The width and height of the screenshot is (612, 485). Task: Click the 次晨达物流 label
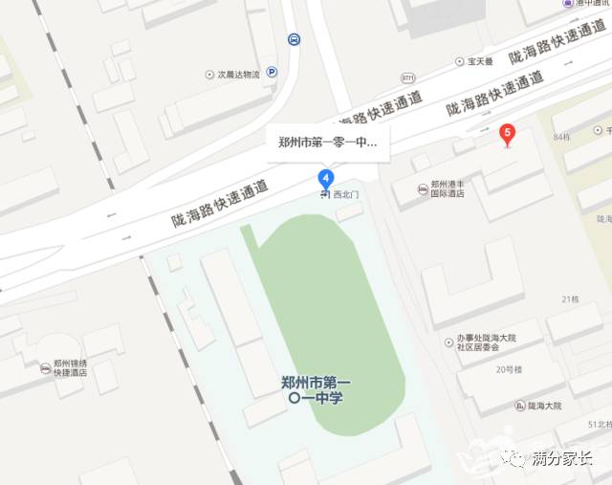(x=237, y=74)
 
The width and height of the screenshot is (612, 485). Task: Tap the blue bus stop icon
(x=294, y=39)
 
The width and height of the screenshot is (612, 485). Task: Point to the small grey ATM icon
(x=408, y=77)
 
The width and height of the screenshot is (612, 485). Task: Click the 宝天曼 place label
(x=479, y=61)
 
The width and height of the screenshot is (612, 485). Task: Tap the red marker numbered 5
(x=508, y=135)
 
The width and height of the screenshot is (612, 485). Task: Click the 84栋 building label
(x=561, y=138)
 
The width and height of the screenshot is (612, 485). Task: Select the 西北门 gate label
(x=346, y=194)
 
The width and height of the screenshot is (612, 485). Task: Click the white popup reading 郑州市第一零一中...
(x=327, y=143)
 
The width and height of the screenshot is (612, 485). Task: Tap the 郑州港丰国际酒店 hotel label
(x=447, y=188)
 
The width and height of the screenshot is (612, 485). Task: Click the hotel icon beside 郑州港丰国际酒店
(x=423, y=188)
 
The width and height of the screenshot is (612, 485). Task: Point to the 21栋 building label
(x=572, y=300)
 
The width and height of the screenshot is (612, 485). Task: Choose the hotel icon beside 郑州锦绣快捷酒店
(x=45, y=368)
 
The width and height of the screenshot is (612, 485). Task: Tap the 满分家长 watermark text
(x=561, y=459)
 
